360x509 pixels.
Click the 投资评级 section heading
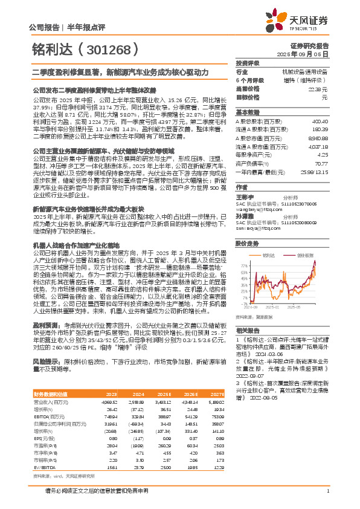pos(248,63)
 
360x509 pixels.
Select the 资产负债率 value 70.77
pos(321,163)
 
